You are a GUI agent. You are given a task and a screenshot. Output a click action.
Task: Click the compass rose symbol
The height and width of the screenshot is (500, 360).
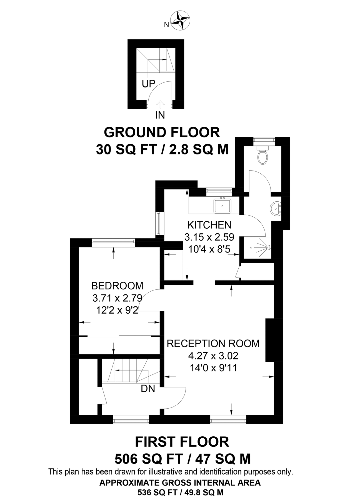pos(180,20)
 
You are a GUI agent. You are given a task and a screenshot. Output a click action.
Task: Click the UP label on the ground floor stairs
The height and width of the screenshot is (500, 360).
pos(148,84)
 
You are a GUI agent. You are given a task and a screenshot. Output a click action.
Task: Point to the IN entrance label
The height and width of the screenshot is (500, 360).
pos(160,115)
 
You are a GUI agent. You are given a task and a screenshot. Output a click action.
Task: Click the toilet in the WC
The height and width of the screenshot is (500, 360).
pos(262,156)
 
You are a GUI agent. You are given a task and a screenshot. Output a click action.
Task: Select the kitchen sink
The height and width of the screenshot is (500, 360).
pos(222,206)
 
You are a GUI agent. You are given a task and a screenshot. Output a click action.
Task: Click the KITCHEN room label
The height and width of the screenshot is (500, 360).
pos(209,225)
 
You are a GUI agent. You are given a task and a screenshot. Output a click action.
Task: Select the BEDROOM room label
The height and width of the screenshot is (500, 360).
pos(117,286)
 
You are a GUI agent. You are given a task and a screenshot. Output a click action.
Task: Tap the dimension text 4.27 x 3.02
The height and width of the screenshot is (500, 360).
pos(213,356)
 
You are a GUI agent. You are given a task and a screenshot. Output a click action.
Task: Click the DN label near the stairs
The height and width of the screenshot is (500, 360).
pos(148,389)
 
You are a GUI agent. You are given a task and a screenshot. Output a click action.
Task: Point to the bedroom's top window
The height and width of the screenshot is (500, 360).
pos(113,242)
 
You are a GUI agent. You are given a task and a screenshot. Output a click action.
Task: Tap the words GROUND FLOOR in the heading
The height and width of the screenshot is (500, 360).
pos(162,132)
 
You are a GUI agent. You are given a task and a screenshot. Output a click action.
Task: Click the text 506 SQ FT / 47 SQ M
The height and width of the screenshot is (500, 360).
pos(182,459)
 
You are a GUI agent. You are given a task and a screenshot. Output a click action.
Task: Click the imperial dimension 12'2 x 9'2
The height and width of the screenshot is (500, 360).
pos(117,310)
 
